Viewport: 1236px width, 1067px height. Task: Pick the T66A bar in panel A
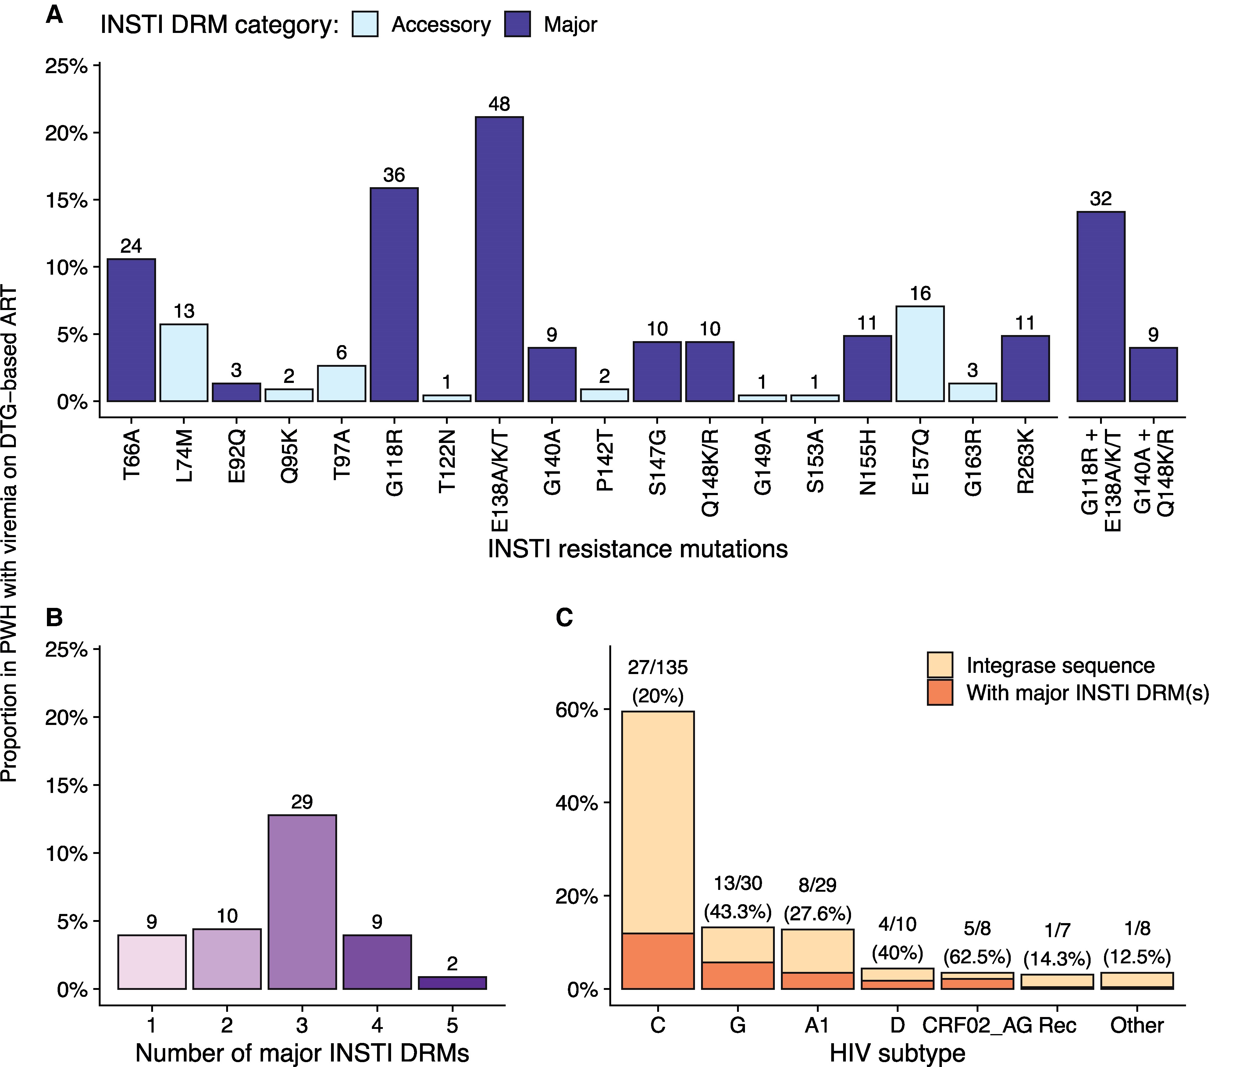point(131,330)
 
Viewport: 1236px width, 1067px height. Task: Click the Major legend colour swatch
point(517,24)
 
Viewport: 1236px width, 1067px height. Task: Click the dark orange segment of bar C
point(658,961)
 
